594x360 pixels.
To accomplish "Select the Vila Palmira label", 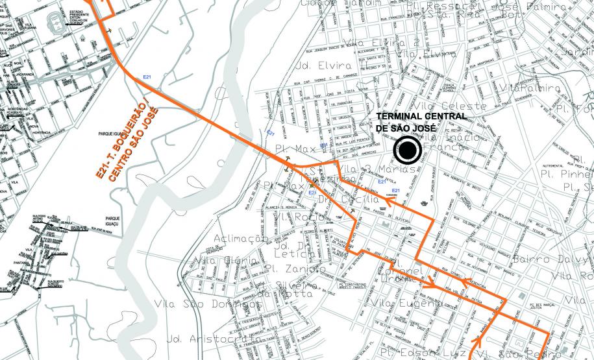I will [536, 88].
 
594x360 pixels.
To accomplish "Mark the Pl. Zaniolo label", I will [295, 269].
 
